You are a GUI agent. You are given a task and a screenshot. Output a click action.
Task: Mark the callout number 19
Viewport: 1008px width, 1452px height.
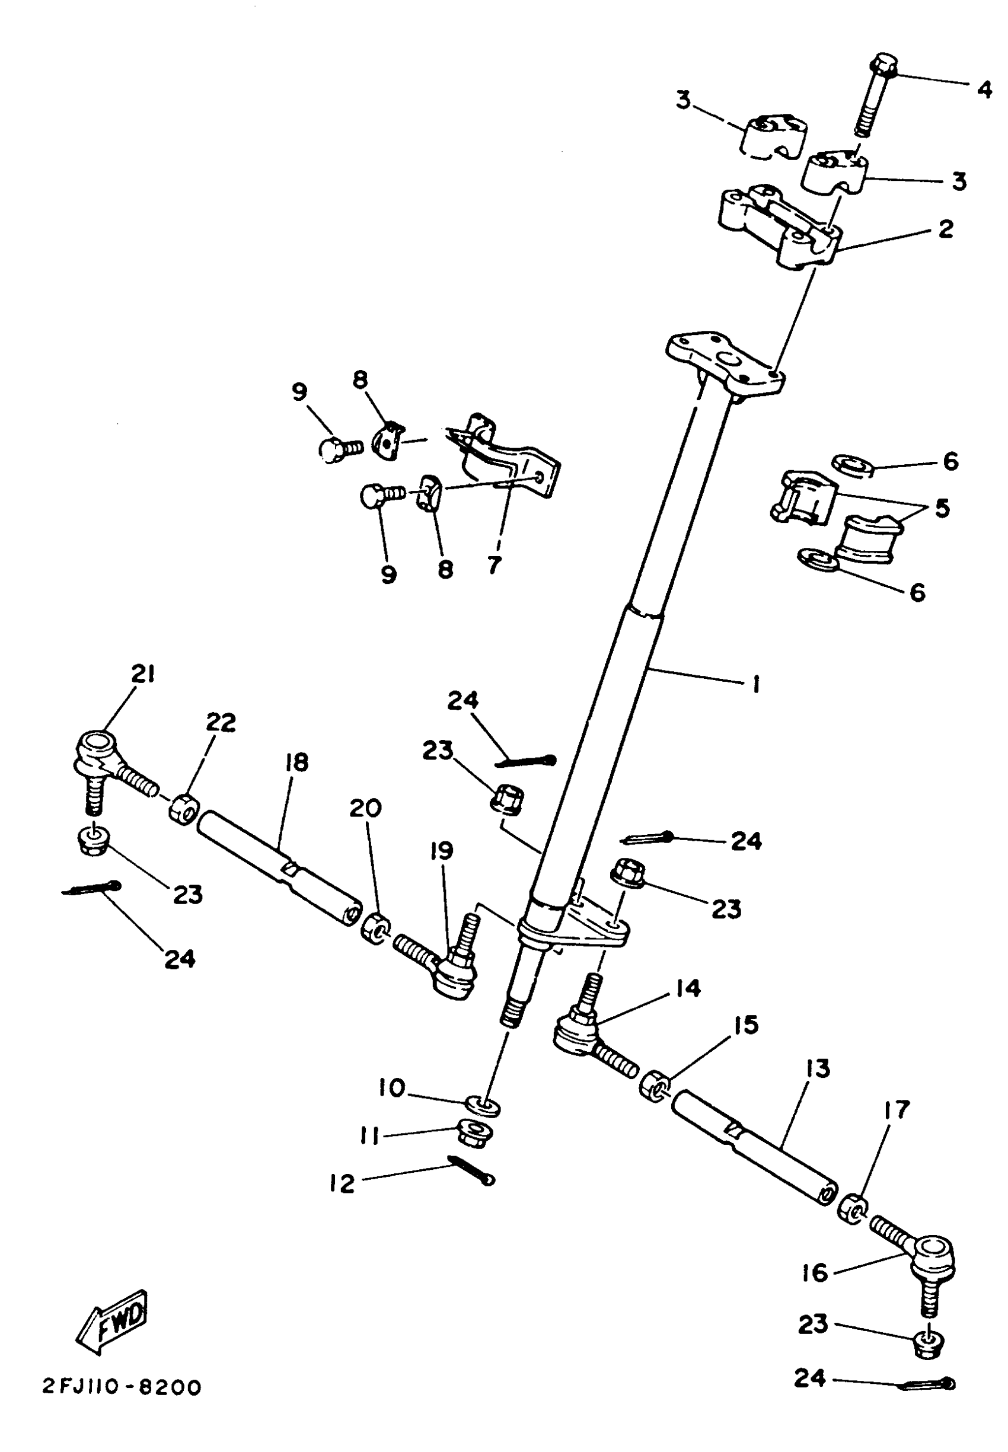coord(442,851)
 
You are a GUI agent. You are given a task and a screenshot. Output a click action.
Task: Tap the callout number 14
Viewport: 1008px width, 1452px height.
coord(688,988)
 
